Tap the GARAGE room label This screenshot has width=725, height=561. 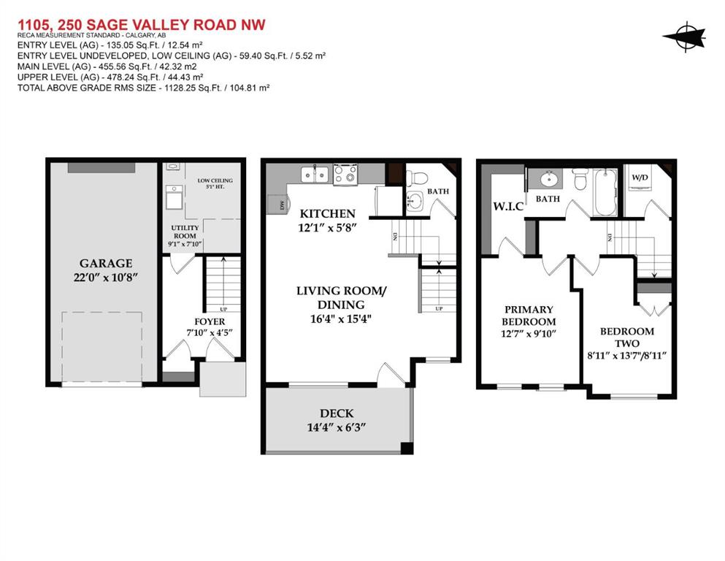tap(106, 263)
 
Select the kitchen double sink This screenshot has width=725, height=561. tap(315, 175)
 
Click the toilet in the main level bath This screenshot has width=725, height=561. tap(417, 178)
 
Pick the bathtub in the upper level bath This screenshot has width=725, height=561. tap(605, 192)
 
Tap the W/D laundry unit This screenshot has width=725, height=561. tap(640, 181)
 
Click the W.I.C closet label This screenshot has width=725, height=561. tap(508, 206)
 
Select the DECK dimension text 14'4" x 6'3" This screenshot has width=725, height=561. tap(337, 427)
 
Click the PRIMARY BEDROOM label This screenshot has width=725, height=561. tap(529, 316)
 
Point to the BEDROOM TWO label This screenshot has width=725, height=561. tap(627, 337)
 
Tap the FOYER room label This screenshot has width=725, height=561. tap(210, 321)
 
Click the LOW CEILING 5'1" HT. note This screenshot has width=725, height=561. tap(215, 183)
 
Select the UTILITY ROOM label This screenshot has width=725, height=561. tap(185, 232)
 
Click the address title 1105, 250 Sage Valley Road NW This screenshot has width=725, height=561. tap(142, 25)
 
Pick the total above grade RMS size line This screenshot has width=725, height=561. tap(143, 88)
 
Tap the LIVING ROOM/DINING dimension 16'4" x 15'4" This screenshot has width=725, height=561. tap(341, 318)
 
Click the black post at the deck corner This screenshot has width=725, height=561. tap(407, 449)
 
